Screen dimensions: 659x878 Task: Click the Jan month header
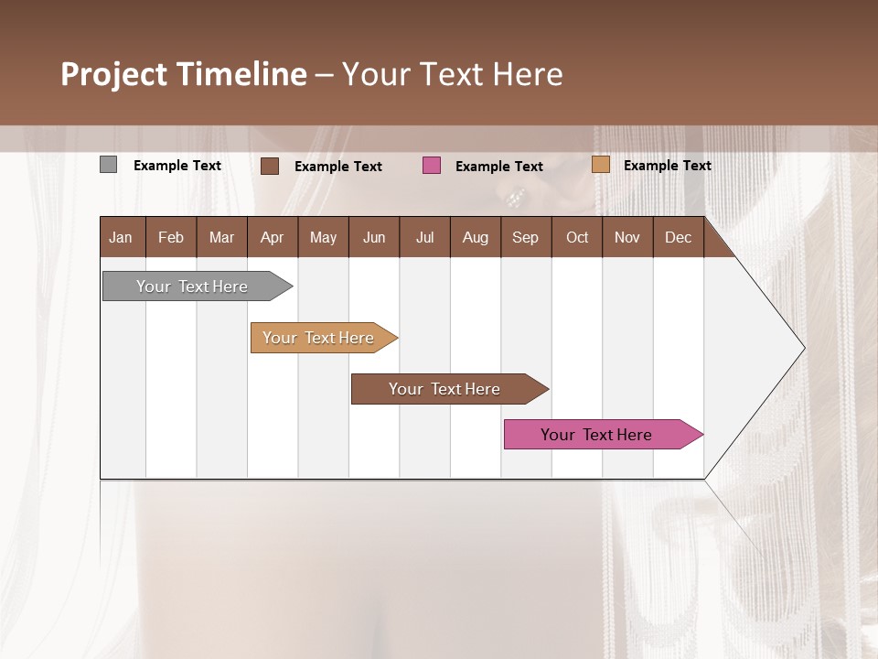pos(121,237)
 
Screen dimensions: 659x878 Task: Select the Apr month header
pos(272,237)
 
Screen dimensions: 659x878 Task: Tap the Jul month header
pos(424,237)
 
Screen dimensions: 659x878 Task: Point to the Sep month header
pos(525,237)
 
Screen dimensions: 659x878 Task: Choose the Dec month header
pos(678,237)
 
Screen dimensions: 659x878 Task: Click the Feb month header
pos(171,237)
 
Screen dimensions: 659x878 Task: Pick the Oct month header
pos(577,237)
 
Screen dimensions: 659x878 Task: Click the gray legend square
pos(108,165)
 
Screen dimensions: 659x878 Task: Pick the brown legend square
pos(270,166)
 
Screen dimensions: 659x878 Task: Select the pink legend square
pos(432,166)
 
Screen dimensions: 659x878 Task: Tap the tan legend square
pos(601,165)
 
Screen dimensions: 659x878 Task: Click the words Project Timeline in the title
pos(183,74)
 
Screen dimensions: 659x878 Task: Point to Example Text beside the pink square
pos(499,167)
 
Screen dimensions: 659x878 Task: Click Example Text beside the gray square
pos(177,166)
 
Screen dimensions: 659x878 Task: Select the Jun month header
pos(374,237)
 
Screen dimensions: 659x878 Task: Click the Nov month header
pos(627,237)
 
